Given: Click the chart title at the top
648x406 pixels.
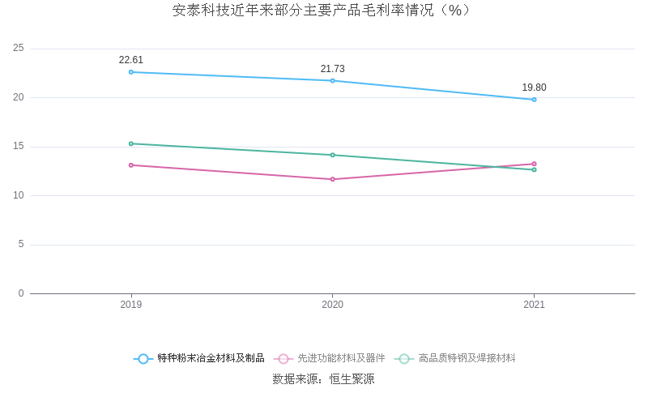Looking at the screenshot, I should [x=322, y=11].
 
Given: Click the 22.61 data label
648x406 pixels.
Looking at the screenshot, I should [x=131, y=60].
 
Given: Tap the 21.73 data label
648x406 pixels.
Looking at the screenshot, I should [x=332, y=69].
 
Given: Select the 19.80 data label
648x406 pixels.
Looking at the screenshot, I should [x=534, y=88].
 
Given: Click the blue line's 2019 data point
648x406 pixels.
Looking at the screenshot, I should [x=131, y=72].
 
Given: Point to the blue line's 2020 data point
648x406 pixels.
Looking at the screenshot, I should [x=332, y=80].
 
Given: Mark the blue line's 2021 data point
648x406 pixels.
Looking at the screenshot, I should [x=534, y=100].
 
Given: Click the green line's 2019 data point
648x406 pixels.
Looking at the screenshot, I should [x=131, y=143].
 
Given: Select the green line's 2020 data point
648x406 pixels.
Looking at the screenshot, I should [x=332, y=155].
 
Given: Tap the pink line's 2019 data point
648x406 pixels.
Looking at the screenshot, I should [x=131, y=165].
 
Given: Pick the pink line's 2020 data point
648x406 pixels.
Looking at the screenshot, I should [x=332, y=179].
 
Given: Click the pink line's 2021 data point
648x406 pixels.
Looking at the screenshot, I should [x=534, y=164].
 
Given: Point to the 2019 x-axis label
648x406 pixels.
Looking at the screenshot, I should [x=131, y=305].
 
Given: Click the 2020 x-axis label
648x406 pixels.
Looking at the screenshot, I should [x=332, y=305].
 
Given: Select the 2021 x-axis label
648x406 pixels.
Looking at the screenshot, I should [x=534, y=305].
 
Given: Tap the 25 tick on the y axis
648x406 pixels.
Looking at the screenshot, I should [x=19, y=49].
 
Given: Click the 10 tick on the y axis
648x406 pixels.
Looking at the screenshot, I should [x=19, y=195].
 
